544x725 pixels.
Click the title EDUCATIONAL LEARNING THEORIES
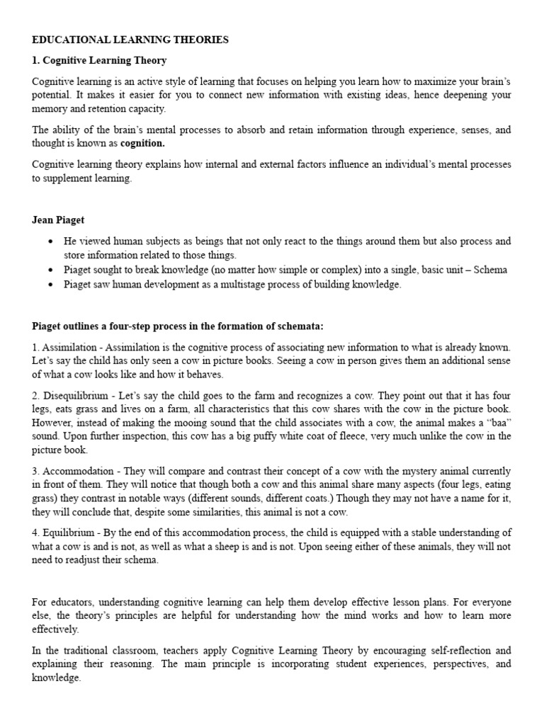tap(130, 40)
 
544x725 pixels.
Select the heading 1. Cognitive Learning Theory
tap(99, 61)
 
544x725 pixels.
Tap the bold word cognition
tap(142, 143)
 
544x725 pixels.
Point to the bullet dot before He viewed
tap(50, 242)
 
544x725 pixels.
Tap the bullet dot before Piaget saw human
tap(50, 285)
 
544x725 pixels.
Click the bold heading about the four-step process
tap(177, 326)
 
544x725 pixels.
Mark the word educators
tap(70, 602)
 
